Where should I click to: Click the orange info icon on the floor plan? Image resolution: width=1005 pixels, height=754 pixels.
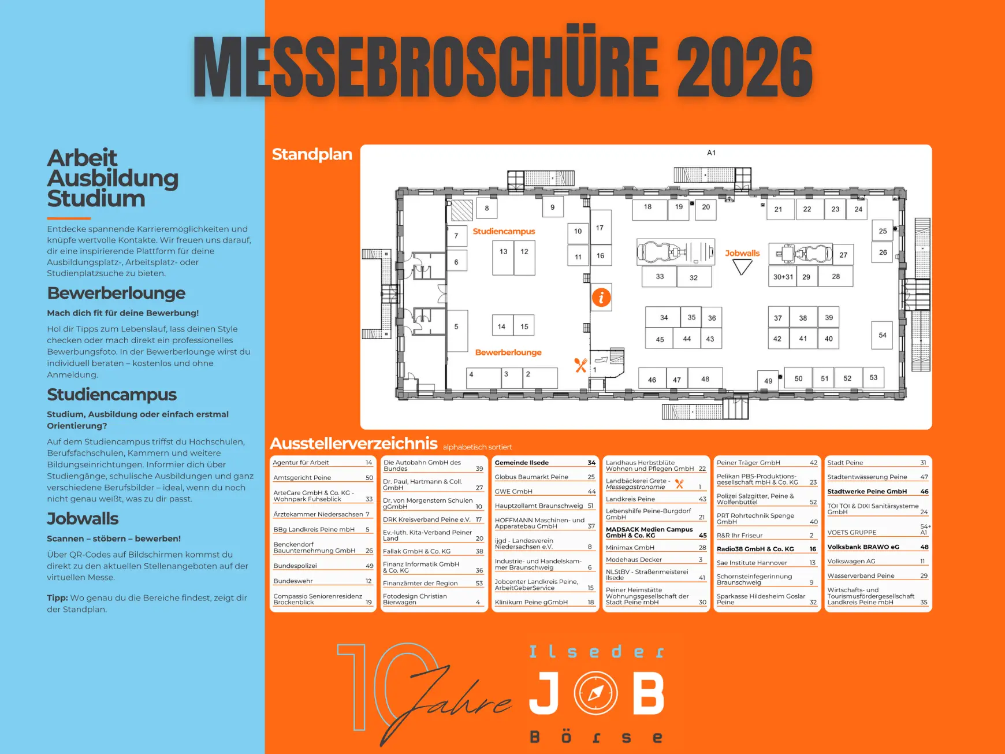point(601,298)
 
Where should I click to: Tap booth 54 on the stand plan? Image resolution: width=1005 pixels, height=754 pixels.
point(882,335)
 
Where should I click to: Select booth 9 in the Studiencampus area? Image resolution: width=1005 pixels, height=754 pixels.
point(553,207)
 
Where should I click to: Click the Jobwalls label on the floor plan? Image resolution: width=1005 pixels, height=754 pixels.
point(742,253)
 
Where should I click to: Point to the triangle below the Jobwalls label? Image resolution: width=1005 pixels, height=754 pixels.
point(742,266)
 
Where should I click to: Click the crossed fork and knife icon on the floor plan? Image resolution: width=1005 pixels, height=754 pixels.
point(580,365)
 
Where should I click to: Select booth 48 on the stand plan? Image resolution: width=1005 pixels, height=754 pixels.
point(705,379)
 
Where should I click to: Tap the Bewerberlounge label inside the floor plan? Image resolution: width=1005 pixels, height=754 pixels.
point(508,352)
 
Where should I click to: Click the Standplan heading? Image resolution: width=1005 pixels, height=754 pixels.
point(312,154)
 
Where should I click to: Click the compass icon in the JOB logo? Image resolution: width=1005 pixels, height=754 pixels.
point(595,692)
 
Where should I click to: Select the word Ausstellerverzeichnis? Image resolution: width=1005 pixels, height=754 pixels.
point(353,443)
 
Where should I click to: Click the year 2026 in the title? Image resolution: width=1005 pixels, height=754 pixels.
point(745,66)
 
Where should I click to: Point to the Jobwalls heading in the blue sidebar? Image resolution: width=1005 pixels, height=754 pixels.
point(83,518)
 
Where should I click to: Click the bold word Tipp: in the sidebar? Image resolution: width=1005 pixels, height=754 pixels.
point(57,598)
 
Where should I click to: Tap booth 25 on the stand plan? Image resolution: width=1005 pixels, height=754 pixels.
point(883,231)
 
